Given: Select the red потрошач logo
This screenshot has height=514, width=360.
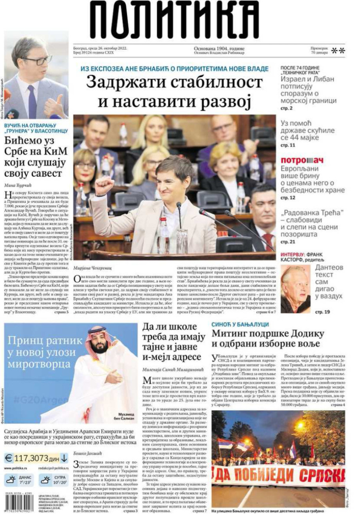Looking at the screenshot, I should [302, 161].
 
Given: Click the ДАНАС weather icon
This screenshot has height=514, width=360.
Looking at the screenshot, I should [11, 480].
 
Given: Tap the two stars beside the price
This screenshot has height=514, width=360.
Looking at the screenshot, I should [337, 50].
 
